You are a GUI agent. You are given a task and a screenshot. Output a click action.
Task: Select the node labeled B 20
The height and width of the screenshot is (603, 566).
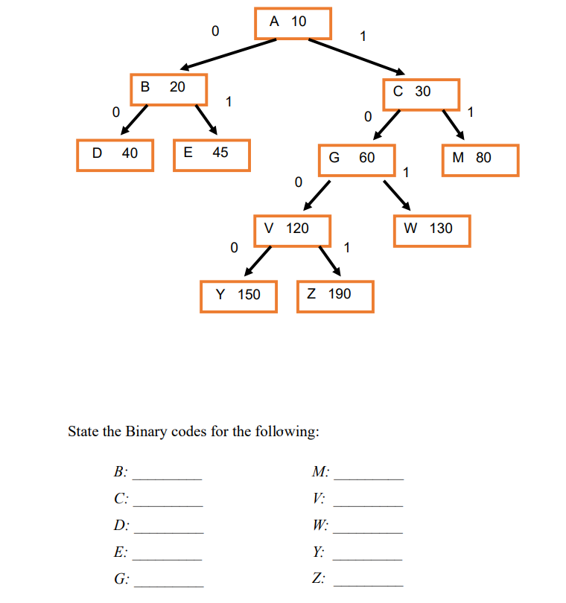tap(168, 89)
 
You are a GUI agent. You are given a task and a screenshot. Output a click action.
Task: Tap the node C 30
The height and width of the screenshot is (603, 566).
tap(421, 93)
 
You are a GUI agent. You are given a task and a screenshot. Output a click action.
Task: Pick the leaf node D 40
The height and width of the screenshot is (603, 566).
tap(115, 155)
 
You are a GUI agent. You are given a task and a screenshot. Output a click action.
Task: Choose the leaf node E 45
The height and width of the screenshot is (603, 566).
tap(212, 155)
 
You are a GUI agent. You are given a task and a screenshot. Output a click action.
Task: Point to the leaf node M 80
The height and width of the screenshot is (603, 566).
tap(480, 160)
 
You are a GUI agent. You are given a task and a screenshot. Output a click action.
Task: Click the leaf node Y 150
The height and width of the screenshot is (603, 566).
tap(238, 296)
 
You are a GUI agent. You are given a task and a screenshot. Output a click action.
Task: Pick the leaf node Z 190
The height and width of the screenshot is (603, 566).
tap(334, 296)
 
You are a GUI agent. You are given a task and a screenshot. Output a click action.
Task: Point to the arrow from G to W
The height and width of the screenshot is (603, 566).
tap(397, 195)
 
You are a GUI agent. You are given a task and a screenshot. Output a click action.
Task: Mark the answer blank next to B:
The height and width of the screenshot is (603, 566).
tap(168, 477)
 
